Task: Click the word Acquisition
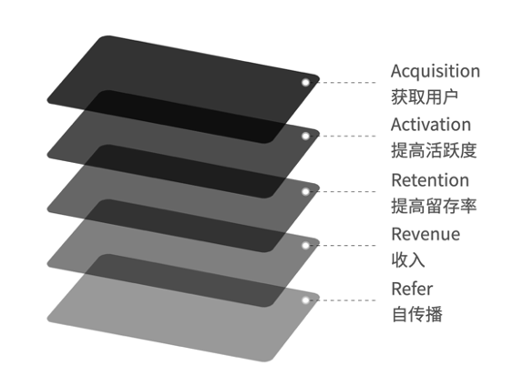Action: [436, 71]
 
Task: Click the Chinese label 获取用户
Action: [425, 97]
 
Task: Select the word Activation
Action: [431, 125]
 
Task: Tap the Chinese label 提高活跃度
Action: [434, 150]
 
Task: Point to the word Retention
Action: [430, 180]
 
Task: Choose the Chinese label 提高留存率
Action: [434, 206]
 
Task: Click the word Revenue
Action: [426, 234]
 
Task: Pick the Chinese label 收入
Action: [408, 260]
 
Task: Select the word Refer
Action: [412, 289]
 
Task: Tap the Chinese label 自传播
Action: [417, 314]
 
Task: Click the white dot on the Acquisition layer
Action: [305, 82]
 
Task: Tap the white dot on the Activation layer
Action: [305, 136]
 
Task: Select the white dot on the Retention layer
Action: [305, 191]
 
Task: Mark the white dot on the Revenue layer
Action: [305, 246]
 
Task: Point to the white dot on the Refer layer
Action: [305, 300]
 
